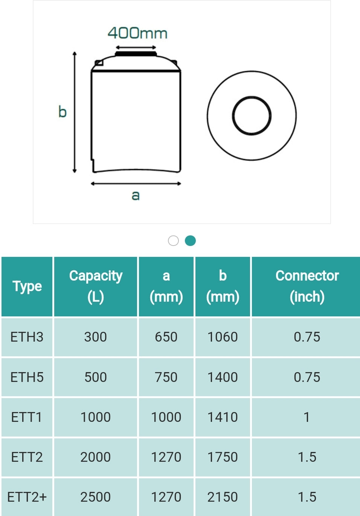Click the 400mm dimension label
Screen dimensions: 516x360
point(137,33)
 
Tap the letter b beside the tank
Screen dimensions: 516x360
point(62,112)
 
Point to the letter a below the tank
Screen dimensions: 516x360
point(136,195)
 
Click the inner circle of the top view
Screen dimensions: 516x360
point(252,116)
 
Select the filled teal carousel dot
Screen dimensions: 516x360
point(190,241)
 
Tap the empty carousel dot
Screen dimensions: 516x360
point(173,241)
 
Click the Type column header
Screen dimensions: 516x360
point(27,286)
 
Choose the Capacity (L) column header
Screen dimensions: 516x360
point(96,286)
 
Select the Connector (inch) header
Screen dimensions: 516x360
point(307,286)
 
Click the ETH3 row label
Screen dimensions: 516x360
point(27,337)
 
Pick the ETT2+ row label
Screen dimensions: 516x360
point(27,497)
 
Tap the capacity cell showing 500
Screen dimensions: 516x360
point(96,377)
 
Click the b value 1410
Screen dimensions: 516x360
point(223,417)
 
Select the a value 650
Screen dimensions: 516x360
point(166,337)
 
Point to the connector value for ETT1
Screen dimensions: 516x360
point(307,417)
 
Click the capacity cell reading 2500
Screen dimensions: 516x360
point(96,497)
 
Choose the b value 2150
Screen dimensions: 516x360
point(223,497)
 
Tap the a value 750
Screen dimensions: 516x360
point(166,377)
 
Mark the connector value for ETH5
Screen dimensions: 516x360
point(307,377)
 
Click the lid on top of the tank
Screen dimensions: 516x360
point(136,54)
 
